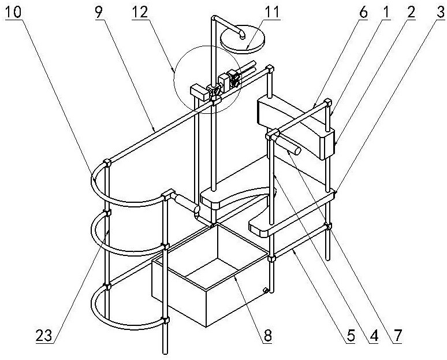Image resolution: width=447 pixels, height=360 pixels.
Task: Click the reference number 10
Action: (x=13, y=13)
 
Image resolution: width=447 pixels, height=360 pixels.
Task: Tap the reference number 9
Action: (x=99, y=13)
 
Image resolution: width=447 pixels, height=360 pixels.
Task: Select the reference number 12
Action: (x=140, y=13)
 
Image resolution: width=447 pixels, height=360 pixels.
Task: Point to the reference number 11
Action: (x=271, y=13)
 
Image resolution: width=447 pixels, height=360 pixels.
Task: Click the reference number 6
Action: (x=363, y=13)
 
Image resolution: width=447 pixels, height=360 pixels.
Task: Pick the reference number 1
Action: (x=385, y=13)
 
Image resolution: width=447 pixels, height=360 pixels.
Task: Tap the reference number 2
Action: (x=410, y=13)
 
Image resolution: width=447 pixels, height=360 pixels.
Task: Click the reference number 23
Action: (x=44, y=336)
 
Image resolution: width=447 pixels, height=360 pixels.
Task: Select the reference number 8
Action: (x=267, y=336)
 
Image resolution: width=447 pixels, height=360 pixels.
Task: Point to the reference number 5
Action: (x=351, y=336)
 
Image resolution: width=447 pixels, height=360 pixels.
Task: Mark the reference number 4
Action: (x=374, y=336)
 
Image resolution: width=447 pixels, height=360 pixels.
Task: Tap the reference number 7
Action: (x=397, y=336)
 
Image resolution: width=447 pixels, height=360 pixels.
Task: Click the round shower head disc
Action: (x=243, y=40)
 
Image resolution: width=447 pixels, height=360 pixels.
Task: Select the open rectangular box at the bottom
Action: (x=211, y=275)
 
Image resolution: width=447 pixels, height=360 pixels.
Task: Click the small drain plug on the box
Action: (x=266, y=290)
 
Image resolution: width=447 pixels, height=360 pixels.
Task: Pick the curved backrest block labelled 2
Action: (x=296, y=128)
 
